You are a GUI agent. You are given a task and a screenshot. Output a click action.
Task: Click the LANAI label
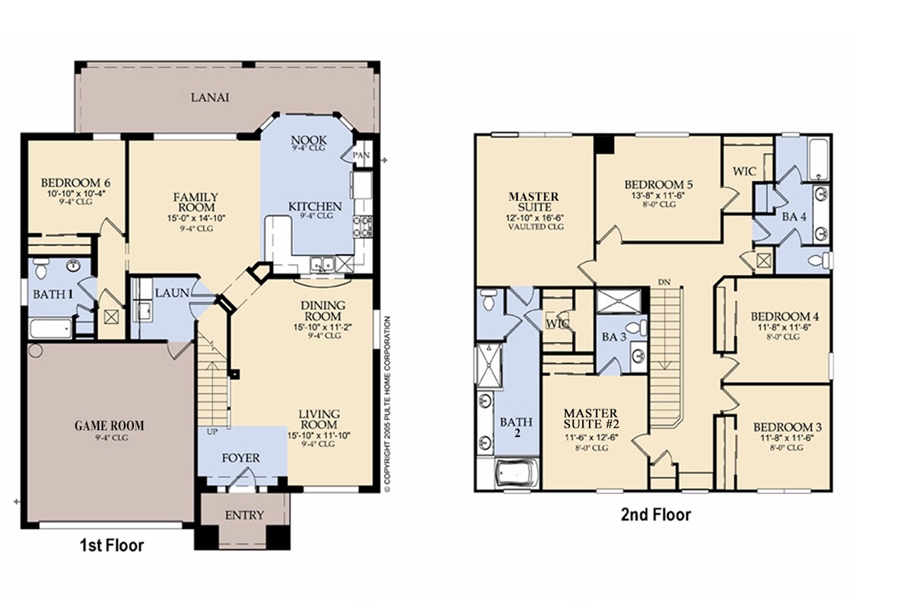[x=210, y=97]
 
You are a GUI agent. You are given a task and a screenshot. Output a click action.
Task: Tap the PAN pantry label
[x=361, y=155]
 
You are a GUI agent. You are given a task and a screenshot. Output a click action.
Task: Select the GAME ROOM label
[x=110, y=426]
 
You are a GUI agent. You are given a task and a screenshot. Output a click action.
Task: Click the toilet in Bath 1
[x=41, y=268]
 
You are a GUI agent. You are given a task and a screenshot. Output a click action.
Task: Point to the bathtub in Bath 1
[x=50, y=329]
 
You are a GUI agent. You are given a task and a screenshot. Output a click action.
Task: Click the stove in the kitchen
[x=363, y=226]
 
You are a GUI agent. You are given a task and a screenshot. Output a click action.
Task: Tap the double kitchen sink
[x=322, y=264]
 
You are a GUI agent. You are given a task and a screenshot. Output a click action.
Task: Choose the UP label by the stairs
[x=212, y=432]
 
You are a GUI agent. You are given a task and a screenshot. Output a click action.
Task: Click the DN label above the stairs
[x=663, y=282]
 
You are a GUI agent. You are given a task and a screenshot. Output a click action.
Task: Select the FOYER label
[x=241, y=458]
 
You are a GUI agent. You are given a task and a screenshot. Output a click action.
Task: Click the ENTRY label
[x=244, y=515]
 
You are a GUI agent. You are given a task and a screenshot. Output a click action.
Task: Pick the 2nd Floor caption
[x=656, y=515]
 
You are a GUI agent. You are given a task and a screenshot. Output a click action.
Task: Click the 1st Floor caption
[x=112, y=545]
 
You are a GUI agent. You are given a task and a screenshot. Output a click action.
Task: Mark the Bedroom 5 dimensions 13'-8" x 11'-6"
[x=659, y=196]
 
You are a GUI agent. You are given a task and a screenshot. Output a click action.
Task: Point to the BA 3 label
[x=614, y=337]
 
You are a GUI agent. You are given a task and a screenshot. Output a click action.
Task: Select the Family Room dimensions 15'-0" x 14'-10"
[x=196, y=218]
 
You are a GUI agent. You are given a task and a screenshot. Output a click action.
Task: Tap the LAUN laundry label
[x=172, y=293]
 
